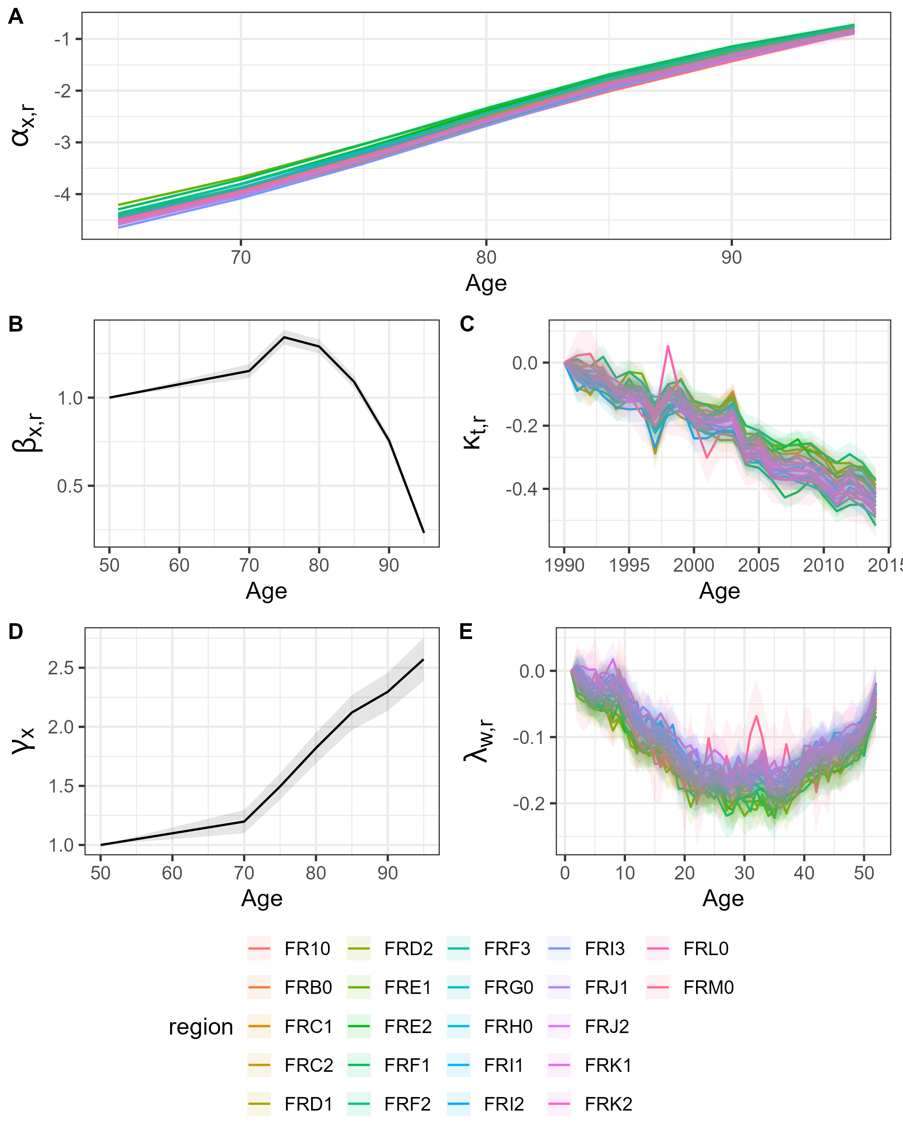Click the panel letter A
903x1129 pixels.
[16, 17]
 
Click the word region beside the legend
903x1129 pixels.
[201, 1027]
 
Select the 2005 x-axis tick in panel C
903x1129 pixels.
[759, 565]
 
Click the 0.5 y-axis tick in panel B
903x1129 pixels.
[69, 486]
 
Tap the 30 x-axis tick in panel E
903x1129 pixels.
[744, 873]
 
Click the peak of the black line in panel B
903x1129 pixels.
[284, 337]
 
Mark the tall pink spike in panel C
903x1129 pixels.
[668, 346]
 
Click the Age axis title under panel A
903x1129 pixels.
[486, 283]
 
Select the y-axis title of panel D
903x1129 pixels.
[24, 739]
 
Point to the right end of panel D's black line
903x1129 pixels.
[423, 659]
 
